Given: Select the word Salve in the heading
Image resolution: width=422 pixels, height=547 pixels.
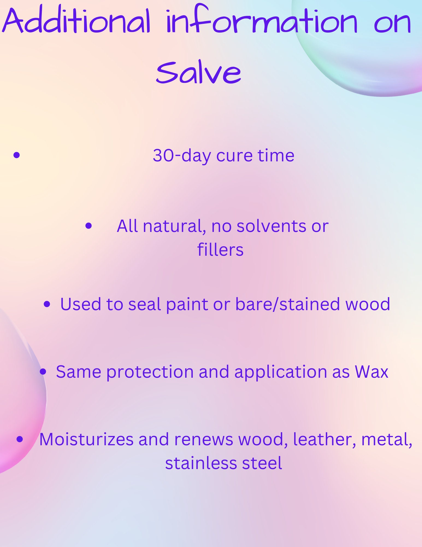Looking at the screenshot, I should tap(199, 72).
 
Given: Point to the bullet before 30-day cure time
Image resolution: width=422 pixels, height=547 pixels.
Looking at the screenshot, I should tap(17, 155).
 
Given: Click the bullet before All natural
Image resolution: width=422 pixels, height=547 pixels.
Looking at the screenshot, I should tap(88, 226).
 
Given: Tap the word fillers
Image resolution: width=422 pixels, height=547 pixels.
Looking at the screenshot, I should tap(220, 250).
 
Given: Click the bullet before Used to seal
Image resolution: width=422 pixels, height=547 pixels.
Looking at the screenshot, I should tap(47, 304).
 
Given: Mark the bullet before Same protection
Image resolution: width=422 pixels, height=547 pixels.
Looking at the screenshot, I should tap(43, 371).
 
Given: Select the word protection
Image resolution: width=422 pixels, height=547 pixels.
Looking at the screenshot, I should tap(150, 372).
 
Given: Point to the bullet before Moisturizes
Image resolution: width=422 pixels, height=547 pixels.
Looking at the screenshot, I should tap(20, 439).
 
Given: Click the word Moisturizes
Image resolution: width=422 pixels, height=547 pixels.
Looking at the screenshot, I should tap(86, 440).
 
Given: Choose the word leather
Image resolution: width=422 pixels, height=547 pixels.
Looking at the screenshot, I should tap(324, 440).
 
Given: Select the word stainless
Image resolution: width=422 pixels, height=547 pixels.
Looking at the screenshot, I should tap(201, 463).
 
